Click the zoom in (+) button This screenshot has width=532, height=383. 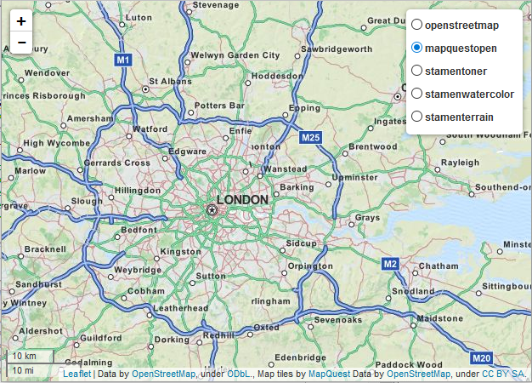click(21, 21)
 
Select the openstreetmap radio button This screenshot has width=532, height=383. click(417, 26)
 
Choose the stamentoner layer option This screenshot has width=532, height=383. click(417, 71)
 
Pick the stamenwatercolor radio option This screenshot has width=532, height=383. click(417, 94)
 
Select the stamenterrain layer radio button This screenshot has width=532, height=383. click(417, 116)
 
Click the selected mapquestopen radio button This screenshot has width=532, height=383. click(417, 49)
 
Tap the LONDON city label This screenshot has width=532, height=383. click(243, 200)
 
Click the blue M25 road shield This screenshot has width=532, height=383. click(310, 137)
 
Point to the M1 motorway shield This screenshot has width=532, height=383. click(124, 60)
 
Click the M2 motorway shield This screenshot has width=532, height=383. click(390, 264)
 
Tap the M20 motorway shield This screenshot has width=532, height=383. click(481, 358)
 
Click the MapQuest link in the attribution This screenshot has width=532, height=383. click(329, 374)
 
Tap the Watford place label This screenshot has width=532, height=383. click(150, 129)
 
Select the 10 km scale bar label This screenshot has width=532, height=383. click(24, 356)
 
